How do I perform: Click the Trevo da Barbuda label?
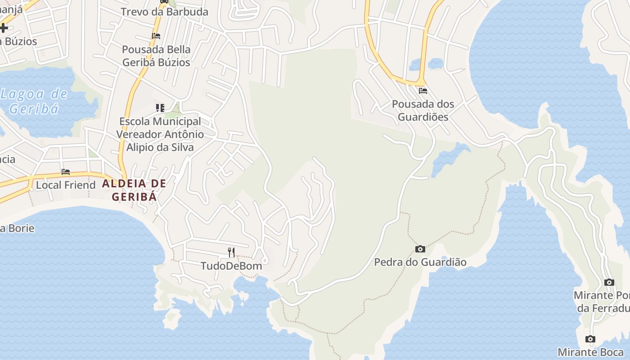[x=164, y=12]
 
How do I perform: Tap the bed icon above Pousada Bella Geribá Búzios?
[x=156, y=36]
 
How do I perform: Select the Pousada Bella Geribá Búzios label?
[x=156, y=56]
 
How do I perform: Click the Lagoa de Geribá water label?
[x=34, y=101]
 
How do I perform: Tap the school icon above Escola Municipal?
[x=160, y=108]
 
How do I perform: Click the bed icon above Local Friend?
[x=66, y=172]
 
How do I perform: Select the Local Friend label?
[x=66, y=185]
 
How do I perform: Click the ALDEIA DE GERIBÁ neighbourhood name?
[x=134, y=190]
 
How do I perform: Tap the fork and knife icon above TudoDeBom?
[x=231, y=252]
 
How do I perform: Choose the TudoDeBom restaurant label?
[x=231, y=266]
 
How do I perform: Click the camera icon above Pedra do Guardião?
[x=420, y=249]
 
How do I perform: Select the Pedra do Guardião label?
[x=420, y=262]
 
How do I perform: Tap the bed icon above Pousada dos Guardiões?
[x=423, y=90]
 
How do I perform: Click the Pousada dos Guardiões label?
[x=423, y=110]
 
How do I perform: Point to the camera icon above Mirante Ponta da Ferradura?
[x=609, y=282]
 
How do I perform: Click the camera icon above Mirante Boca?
[x=590, y=339]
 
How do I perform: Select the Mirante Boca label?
[x=590, y=352]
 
